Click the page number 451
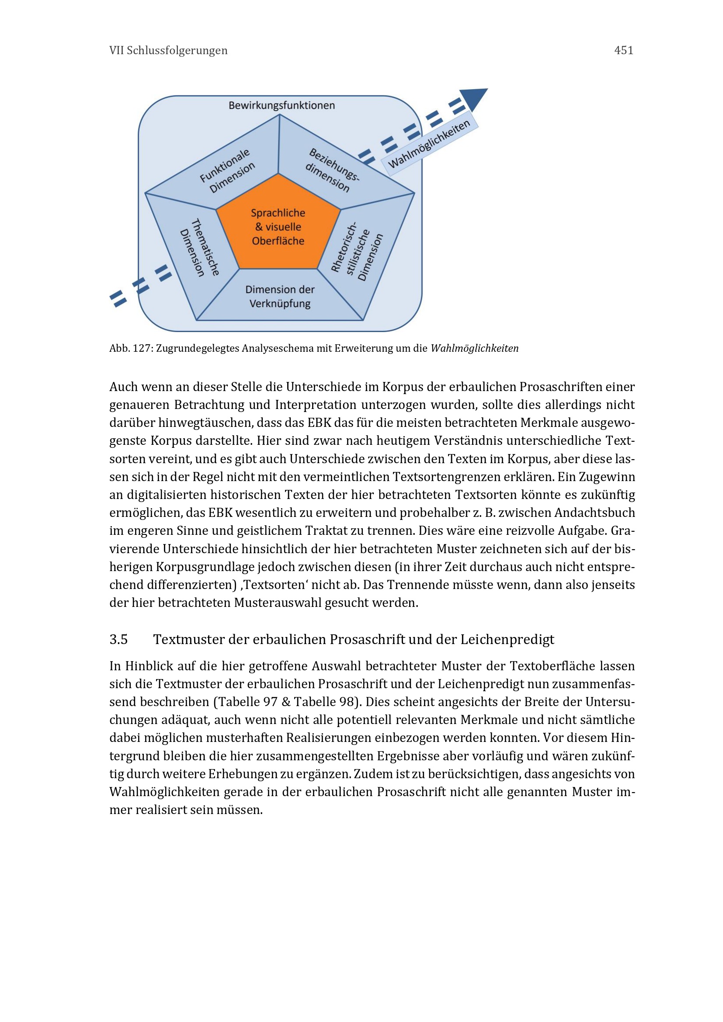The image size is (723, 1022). [x=623, y=50]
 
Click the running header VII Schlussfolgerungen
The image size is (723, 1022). [x=168, y=50]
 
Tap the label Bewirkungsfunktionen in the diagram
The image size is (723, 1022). [x=282, y=105]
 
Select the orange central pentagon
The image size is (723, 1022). [x=278, y=227]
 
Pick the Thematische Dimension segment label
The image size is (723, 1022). [x=199, y=247]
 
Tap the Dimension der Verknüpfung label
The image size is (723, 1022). [x=280, y=296]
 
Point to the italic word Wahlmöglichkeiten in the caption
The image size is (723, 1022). [x=474, y=349]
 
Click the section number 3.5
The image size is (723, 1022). [x=118, y=640]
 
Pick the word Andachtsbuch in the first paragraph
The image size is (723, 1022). [x=594, y=513]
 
